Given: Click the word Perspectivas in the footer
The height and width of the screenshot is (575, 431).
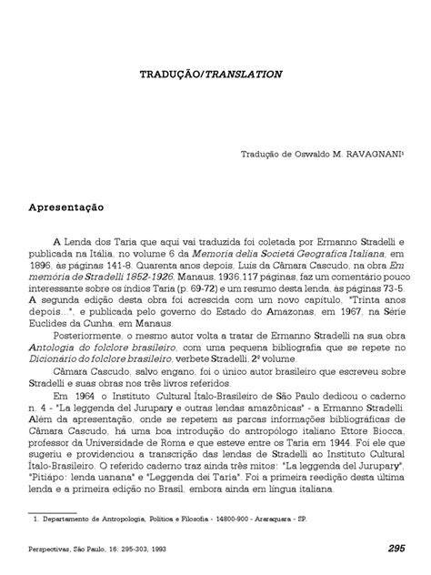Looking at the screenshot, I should pyautogui.click(x=51, y=550).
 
